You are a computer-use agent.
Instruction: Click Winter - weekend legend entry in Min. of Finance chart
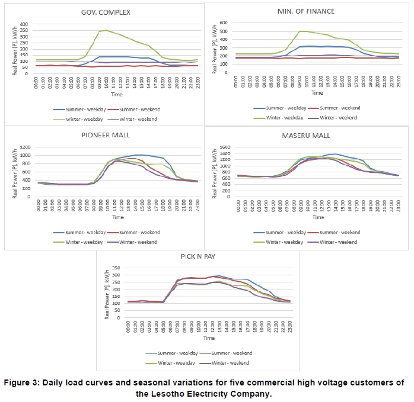pyautogui.click(x=339, y=117)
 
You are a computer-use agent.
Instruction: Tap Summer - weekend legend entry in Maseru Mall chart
pyautogui.click(x=339, y=232)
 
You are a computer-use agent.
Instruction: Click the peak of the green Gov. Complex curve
pyautogui.click(x=106, y=30)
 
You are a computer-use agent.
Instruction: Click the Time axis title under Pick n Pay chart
pyautogui.click(x=208, y=339)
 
